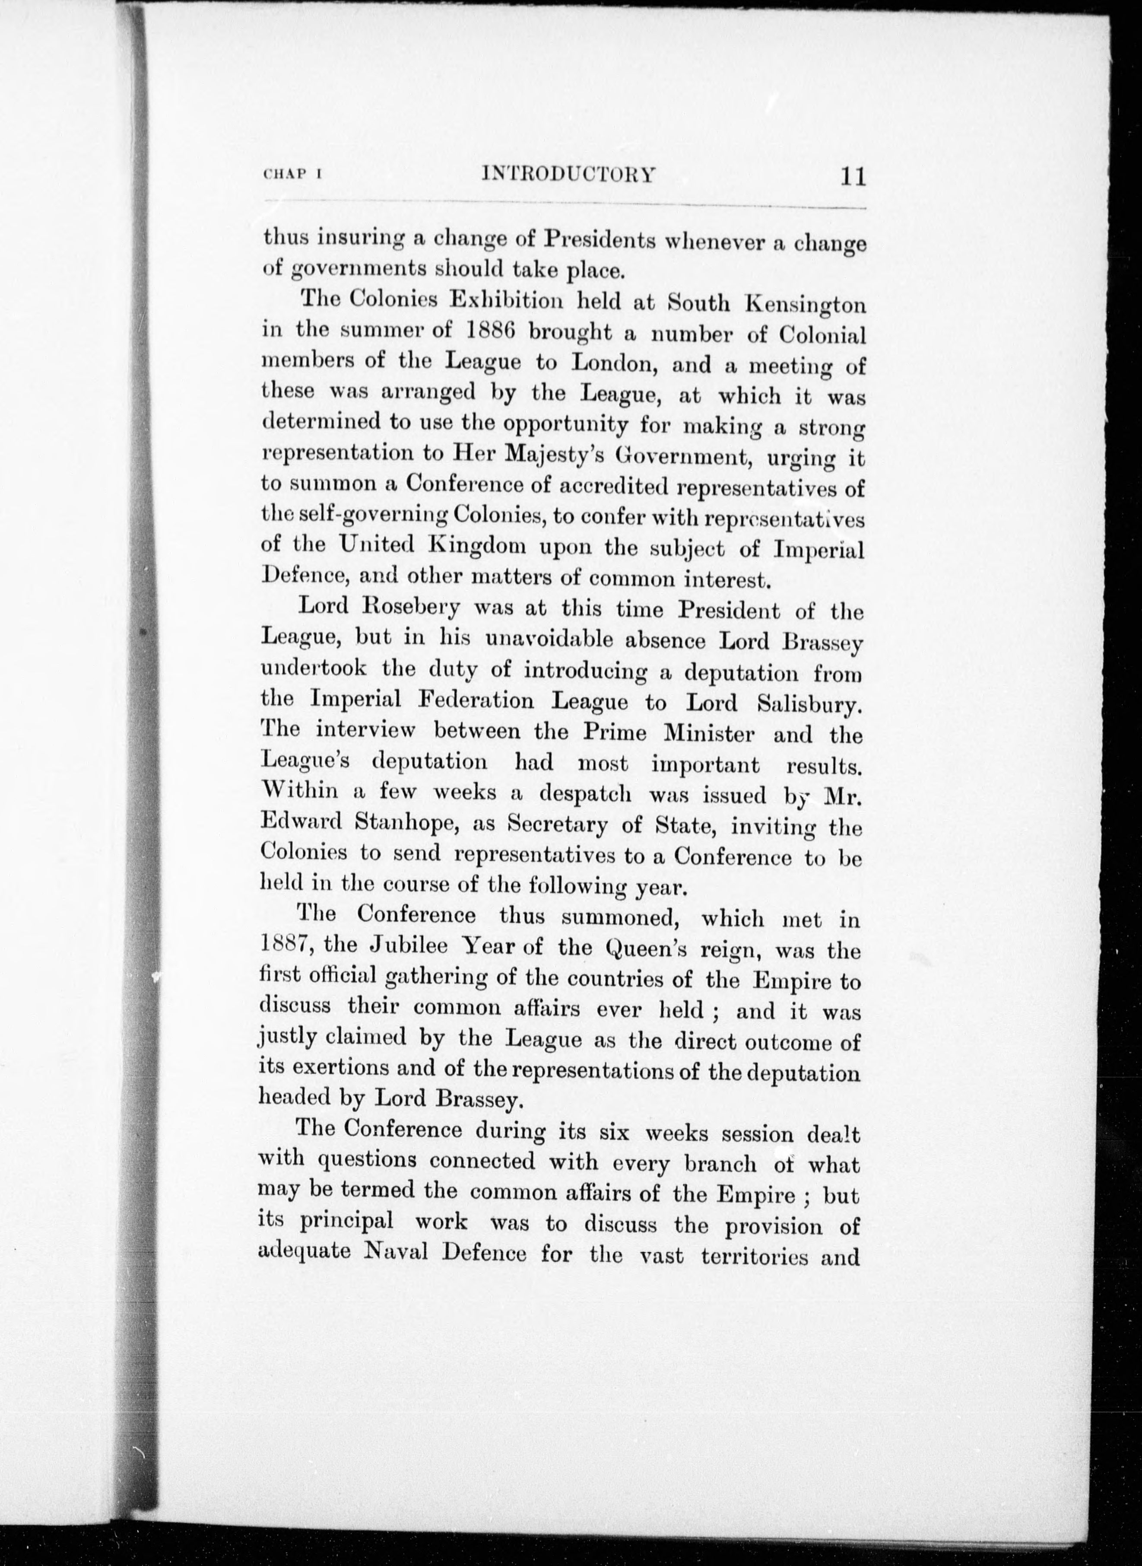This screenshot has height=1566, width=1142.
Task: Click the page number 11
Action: click(853, 177)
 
